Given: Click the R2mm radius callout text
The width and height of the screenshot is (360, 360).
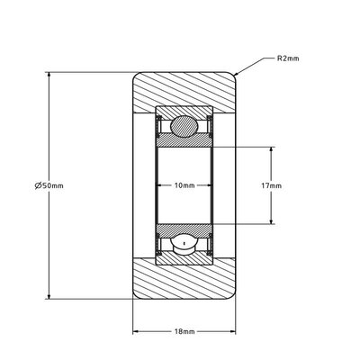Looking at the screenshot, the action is pos(288,58).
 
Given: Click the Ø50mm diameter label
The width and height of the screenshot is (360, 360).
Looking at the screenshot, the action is pos(49,185).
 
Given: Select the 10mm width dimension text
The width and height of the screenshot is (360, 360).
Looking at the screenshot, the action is pos(184,185).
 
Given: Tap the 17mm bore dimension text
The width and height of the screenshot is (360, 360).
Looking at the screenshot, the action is pos(272,185).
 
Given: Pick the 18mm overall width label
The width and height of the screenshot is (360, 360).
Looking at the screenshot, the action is pos(184,331).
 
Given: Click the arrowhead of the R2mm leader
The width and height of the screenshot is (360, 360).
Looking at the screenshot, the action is pos(236,74).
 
